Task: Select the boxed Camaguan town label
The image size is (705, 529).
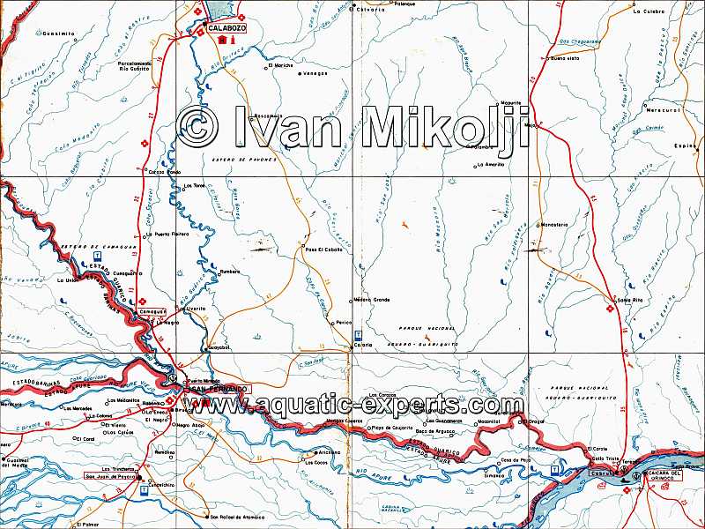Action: click(x=152, y=313)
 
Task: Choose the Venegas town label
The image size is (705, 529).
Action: click(x=315, y=73)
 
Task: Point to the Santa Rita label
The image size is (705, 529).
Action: click(x=630, y=299)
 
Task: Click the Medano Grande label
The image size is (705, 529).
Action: click(x=371, y=300)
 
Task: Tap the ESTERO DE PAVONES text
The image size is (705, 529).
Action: click(x=244, y=160)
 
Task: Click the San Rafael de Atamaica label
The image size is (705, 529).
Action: click(x=235, y=517)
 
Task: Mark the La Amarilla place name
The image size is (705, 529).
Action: click(x=490, y=164)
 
